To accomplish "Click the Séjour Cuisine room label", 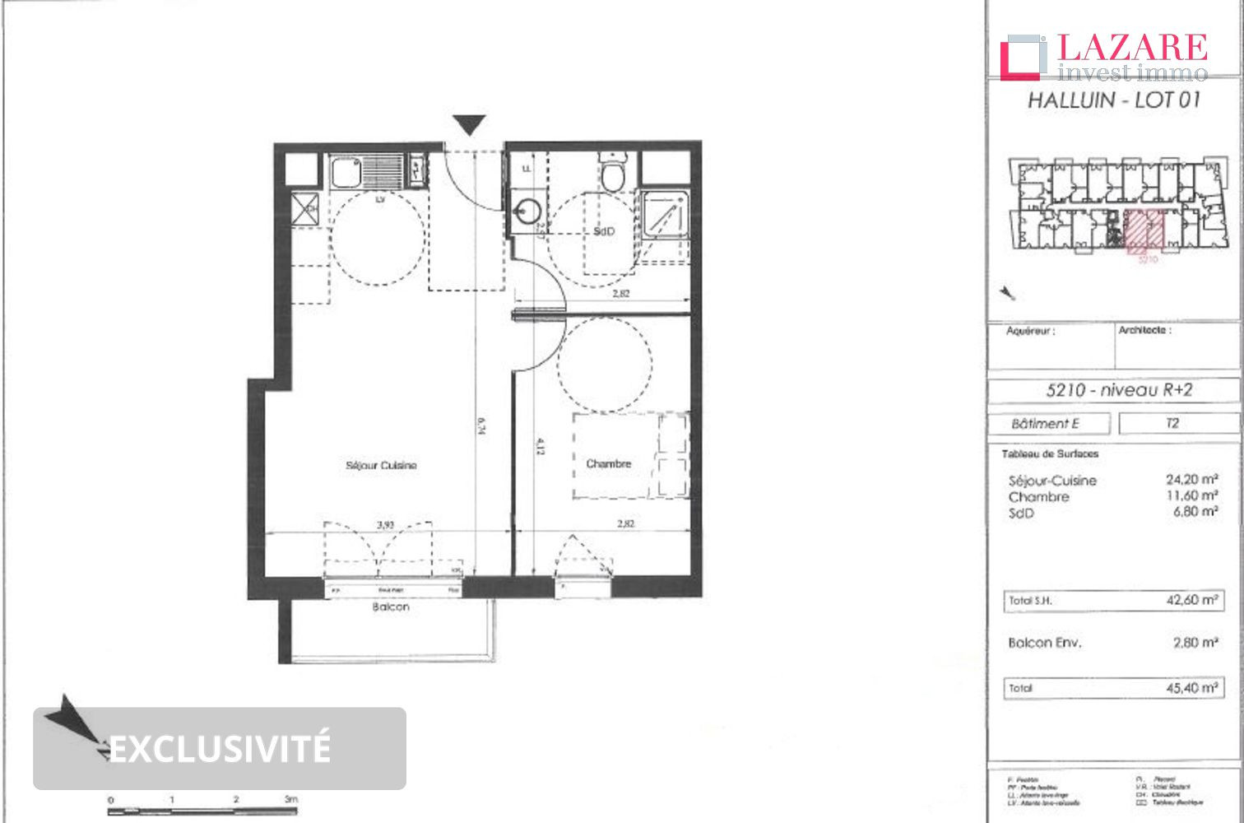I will coord(381,465).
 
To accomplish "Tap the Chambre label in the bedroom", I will coord(608,463).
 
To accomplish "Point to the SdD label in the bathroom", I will coord(604,231).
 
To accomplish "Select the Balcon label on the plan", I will coord(390,607).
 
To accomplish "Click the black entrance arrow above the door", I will coord(470,125).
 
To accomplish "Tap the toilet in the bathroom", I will coord(613,173).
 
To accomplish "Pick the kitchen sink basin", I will coord(346,172).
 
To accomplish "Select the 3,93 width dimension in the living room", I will coord(385,523).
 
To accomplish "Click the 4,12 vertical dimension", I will coord(539,446).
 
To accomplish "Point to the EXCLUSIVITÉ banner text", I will coord(220,748).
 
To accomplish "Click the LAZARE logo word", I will coord(1132,48).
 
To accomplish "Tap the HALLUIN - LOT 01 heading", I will coord(1114,100).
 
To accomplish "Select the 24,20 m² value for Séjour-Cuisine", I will coord(1191,479).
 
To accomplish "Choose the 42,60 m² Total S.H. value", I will coord(1191,600).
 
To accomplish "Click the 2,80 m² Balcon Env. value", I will coord(1195,642).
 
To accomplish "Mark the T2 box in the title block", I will coord(1172,423).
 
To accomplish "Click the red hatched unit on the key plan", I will coord(1144,231).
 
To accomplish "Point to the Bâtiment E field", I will coord(1045,423).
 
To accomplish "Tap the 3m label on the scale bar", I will coord(290,798).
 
